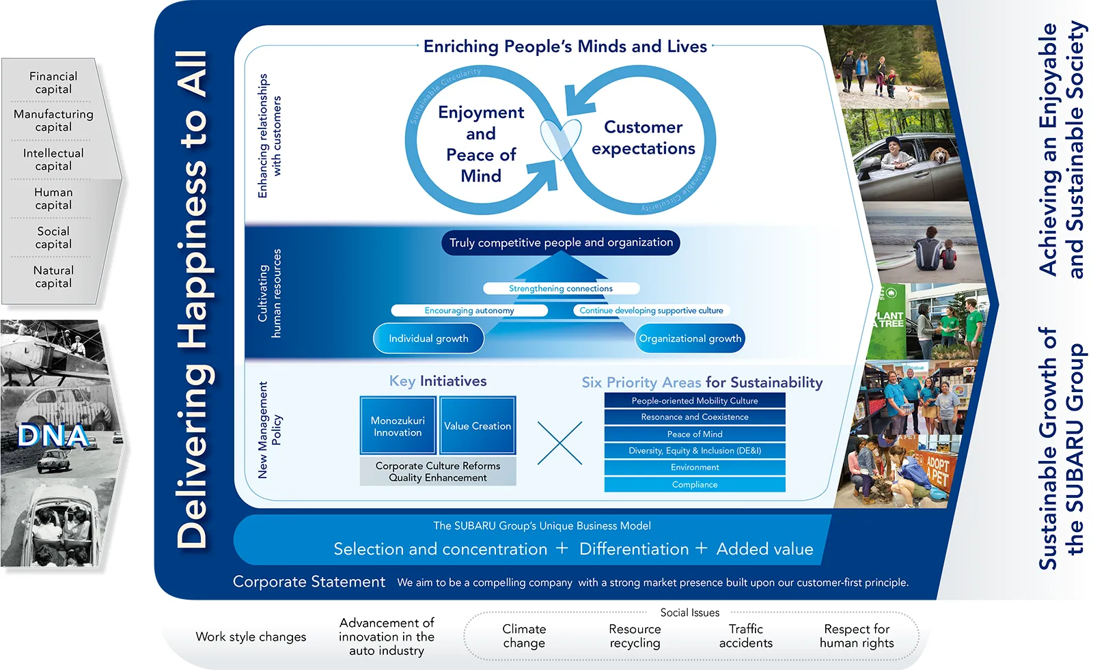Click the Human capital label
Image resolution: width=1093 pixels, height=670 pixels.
(53, 199)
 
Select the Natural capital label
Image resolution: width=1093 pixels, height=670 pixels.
(53, 277)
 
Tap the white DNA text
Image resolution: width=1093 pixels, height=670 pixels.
(53, 436)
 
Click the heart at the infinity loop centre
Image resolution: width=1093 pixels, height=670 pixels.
(560, 137)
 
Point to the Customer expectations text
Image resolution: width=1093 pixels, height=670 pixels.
(644, 138)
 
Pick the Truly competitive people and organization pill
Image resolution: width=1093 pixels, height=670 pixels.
(561, 242)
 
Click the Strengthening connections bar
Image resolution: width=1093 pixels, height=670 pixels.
(561, 288)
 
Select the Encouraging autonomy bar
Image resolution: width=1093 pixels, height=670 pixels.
(469, 310)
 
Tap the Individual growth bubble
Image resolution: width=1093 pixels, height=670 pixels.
(428, 338)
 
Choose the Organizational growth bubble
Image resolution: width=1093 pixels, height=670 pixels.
(690, 338)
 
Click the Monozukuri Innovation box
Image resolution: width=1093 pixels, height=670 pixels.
(398, 426)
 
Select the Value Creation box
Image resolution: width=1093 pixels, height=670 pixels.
(478, 425)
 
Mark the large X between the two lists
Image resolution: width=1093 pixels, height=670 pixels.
(559, 443)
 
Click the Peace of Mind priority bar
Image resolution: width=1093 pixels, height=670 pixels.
(695, 434)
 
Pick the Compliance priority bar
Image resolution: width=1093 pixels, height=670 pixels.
(695, 484)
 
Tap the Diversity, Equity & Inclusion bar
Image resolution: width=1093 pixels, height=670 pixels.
(695, 451)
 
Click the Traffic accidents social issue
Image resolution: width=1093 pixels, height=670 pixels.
(745, 636)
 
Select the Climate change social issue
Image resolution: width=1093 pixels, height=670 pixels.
(524, 636)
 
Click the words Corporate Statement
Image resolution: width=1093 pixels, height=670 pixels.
(309, 582)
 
